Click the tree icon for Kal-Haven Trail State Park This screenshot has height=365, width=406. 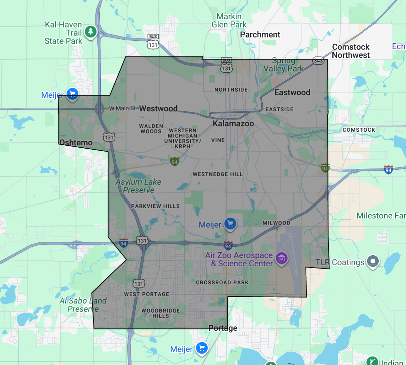click(x=91, y=32)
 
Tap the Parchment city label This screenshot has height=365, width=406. click(x=260, y=35)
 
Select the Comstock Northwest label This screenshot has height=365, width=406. click(x=351, y=51)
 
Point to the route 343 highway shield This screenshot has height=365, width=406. click(x=318, y=61)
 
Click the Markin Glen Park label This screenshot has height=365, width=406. click(x=229, y=21)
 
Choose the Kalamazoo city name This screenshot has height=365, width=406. click(x=233, y=124)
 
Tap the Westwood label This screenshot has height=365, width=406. click(x=158, y=109)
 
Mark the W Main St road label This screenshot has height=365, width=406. click(x=122, y=108)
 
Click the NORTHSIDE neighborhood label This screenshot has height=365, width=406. click(x=231, y=90)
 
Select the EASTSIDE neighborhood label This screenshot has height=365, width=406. click(x=279, y=109)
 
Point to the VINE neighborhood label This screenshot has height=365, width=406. click(x=218, y=140)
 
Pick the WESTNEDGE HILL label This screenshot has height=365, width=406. click(x=218, y=174)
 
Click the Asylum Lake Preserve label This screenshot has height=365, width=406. click(x=138, y=186)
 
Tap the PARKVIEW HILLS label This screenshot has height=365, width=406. click(x=155, y=206)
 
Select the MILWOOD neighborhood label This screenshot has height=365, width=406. click(x=276, y=223)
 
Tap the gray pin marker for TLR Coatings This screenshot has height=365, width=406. click(x=373, y=261)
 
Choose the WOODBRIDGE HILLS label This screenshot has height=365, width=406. click(x=161, y=313)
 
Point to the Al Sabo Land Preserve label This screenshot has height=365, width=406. click(x=83, y=305)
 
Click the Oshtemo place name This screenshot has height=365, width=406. click(x=76, y=143)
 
